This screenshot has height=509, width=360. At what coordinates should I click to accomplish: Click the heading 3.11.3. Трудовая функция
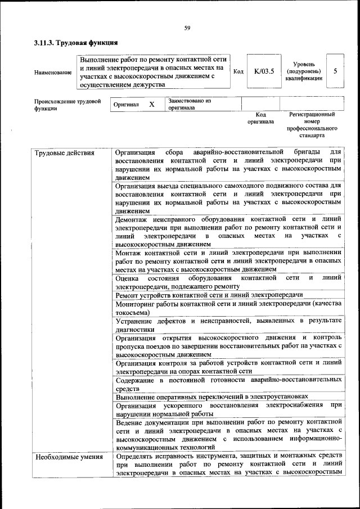(x=75, y=42)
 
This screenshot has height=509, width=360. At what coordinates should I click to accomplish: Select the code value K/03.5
(x=263, y=71)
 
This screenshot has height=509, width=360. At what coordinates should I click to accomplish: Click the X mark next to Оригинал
(x=151, y=105)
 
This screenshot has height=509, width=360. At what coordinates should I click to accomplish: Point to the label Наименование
(x=53, y=72)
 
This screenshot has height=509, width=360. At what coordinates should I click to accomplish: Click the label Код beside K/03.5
(x=238, y=72)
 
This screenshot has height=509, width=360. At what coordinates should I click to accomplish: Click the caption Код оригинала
(x=260, y=118)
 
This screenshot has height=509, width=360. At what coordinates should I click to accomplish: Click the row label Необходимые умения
(x=69, y=456)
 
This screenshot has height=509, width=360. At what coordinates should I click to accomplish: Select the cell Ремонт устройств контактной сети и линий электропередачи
(x=209, y=295)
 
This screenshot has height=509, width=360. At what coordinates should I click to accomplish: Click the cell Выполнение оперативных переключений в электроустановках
(x=211, y=397)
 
